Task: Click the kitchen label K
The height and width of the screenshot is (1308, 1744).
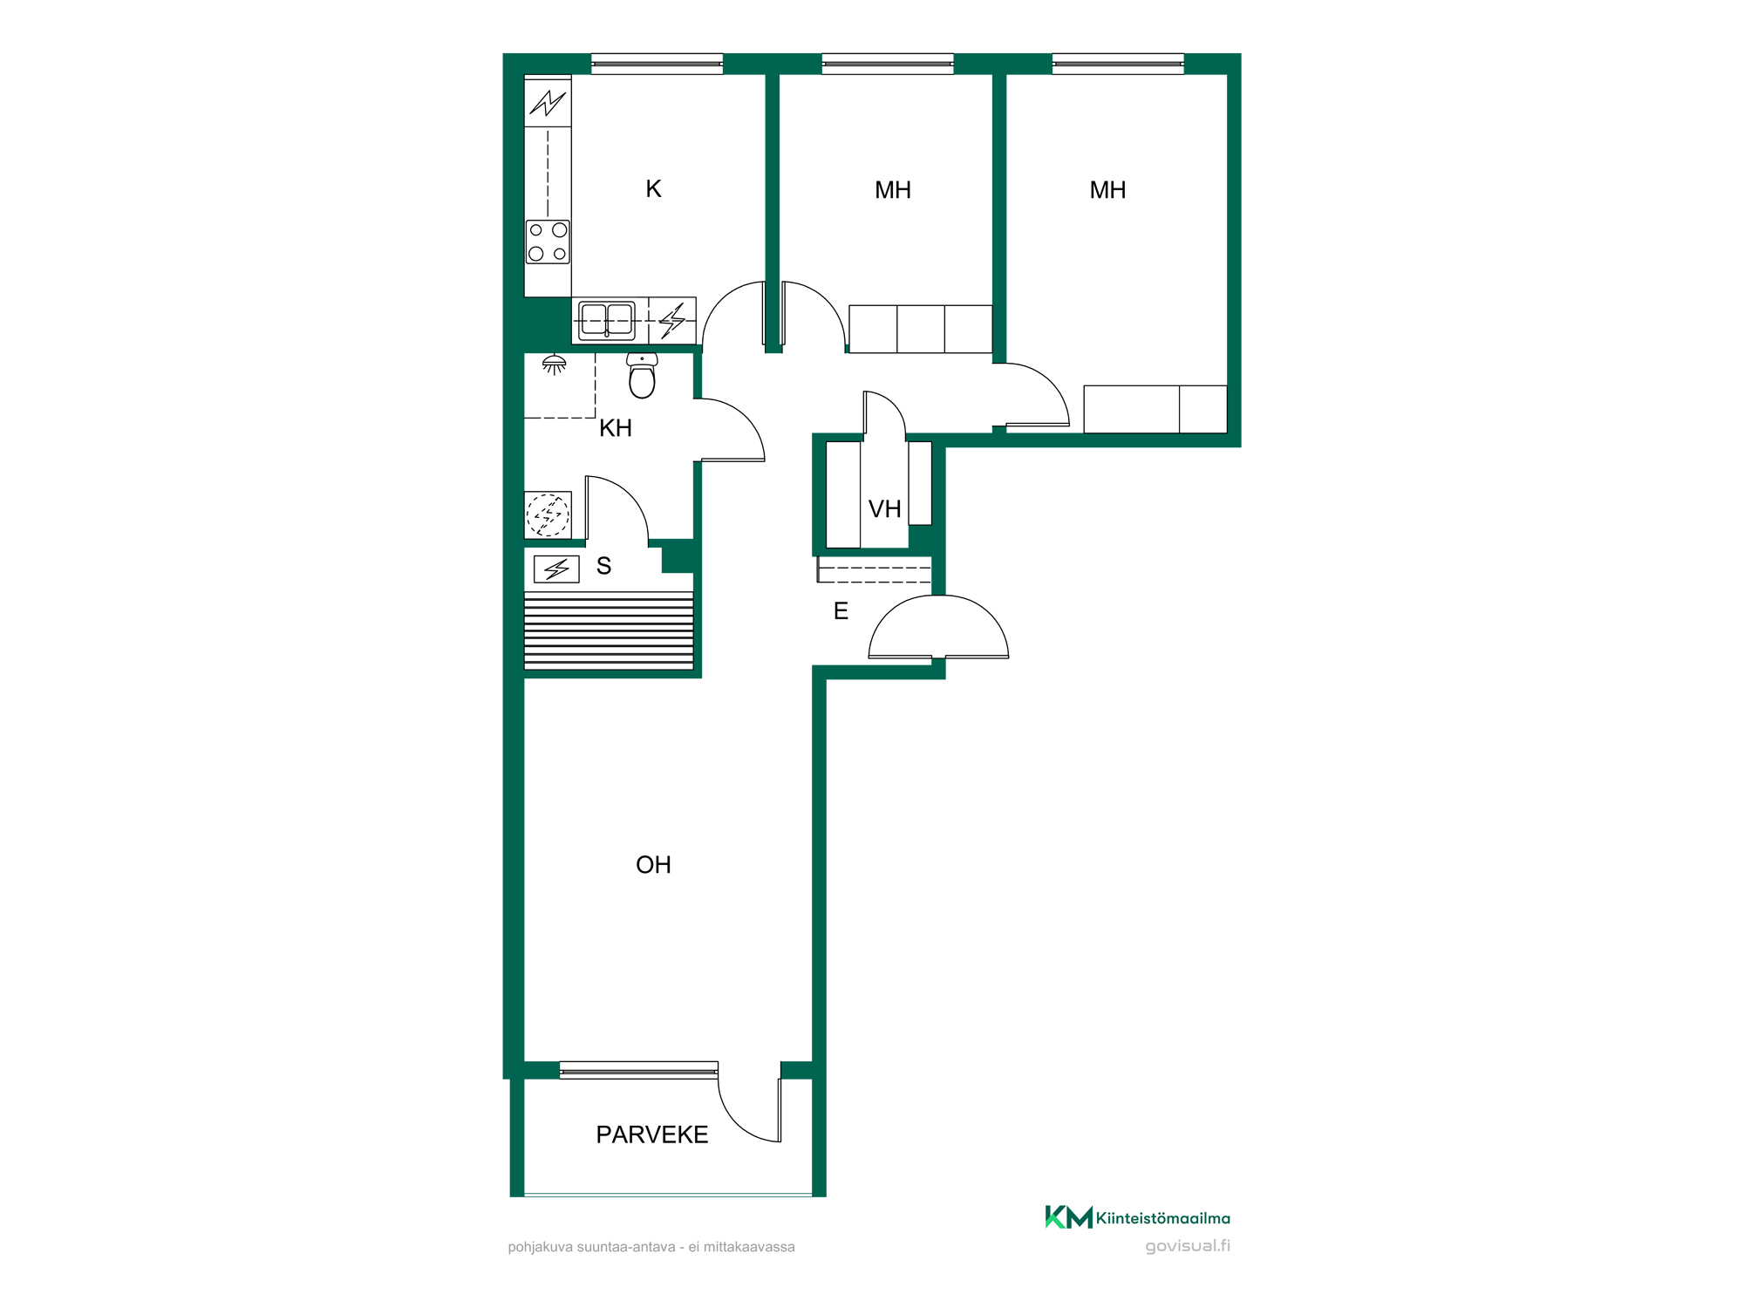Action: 653,189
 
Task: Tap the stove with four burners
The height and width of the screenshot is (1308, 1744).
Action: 548,242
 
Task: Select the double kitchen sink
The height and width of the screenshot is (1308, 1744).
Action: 607,320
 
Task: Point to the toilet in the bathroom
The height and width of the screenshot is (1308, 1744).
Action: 642,375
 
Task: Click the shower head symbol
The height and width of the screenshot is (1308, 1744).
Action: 554,364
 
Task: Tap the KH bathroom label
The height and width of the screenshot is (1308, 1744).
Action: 616,428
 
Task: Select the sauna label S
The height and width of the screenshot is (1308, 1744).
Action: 603,566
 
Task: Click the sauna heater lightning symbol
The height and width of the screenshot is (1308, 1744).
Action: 556,569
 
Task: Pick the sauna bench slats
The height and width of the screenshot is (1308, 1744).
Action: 609,631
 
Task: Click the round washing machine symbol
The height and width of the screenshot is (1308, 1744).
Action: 548,514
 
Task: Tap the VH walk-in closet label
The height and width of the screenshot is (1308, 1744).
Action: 884,509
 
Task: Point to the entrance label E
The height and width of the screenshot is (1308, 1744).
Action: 841,611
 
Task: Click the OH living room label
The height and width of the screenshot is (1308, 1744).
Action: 653,865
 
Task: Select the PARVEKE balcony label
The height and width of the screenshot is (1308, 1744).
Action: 652,1134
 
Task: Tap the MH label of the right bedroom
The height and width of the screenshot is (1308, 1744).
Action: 1107,190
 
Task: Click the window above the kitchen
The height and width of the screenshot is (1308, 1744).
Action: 657,64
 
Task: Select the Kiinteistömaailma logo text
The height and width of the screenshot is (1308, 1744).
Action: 1162,1218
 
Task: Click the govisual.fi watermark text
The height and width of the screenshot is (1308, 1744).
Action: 1188,1246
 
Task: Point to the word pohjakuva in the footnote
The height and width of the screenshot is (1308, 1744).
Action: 541,1248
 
